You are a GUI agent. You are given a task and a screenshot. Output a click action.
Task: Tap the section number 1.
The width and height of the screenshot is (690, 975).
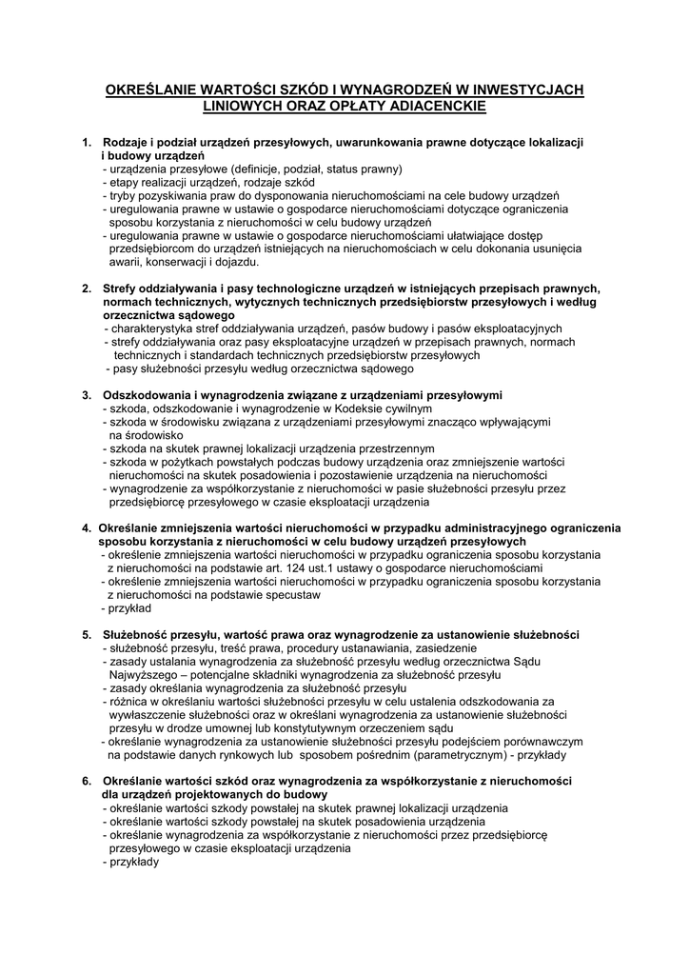(87, 142)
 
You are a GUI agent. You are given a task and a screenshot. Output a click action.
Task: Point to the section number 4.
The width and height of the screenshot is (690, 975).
(86, 527)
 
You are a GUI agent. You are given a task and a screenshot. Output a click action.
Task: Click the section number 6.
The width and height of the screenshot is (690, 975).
(87, 781)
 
